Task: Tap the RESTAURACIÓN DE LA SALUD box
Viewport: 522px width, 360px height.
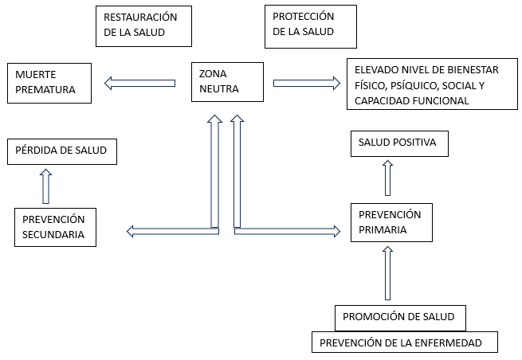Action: (143, 25)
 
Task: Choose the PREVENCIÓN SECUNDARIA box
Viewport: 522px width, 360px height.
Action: (55, 227)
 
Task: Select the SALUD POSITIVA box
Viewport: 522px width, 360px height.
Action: (399, 144)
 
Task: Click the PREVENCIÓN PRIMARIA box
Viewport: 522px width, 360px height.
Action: (391, 222)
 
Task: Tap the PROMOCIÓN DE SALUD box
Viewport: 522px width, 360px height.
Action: (399, 317)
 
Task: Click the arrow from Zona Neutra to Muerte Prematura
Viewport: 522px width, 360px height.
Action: (140, 82)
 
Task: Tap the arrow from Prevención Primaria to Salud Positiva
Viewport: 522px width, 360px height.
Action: (388, 178)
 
